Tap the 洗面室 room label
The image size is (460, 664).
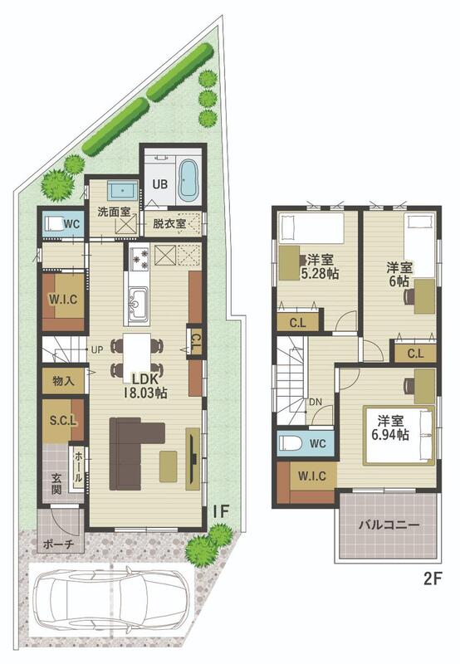114,212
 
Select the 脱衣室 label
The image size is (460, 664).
169,223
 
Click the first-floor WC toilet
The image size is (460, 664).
53,223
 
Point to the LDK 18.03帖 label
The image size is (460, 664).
144,386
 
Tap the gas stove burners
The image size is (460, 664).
139,259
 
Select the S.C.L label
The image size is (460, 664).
63,421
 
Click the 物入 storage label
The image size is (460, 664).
64,381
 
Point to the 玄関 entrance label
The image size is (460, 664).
56,484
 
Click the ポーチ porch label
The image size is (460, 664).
59,544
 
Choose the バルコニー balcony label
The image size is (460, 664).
389,525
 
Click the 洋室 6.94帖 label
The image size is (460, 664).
390,427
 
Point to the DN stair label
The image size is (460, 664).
316,402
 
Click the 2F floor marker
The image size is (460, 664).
433,579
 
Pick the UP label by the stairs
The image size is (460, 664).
97,350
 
